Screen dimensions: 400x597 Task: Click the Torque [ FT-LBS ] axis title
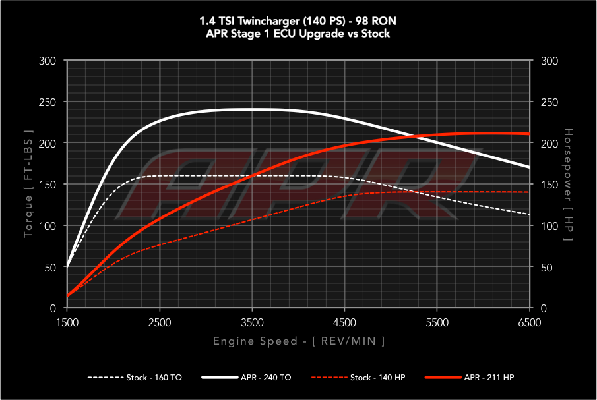28,185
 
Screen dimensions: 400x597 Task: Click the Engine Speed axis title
299,341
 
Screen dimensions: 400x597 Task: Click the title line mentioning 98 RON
298,20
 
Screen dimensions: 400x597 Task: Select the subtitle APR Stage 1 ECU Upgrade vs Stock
298,33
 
